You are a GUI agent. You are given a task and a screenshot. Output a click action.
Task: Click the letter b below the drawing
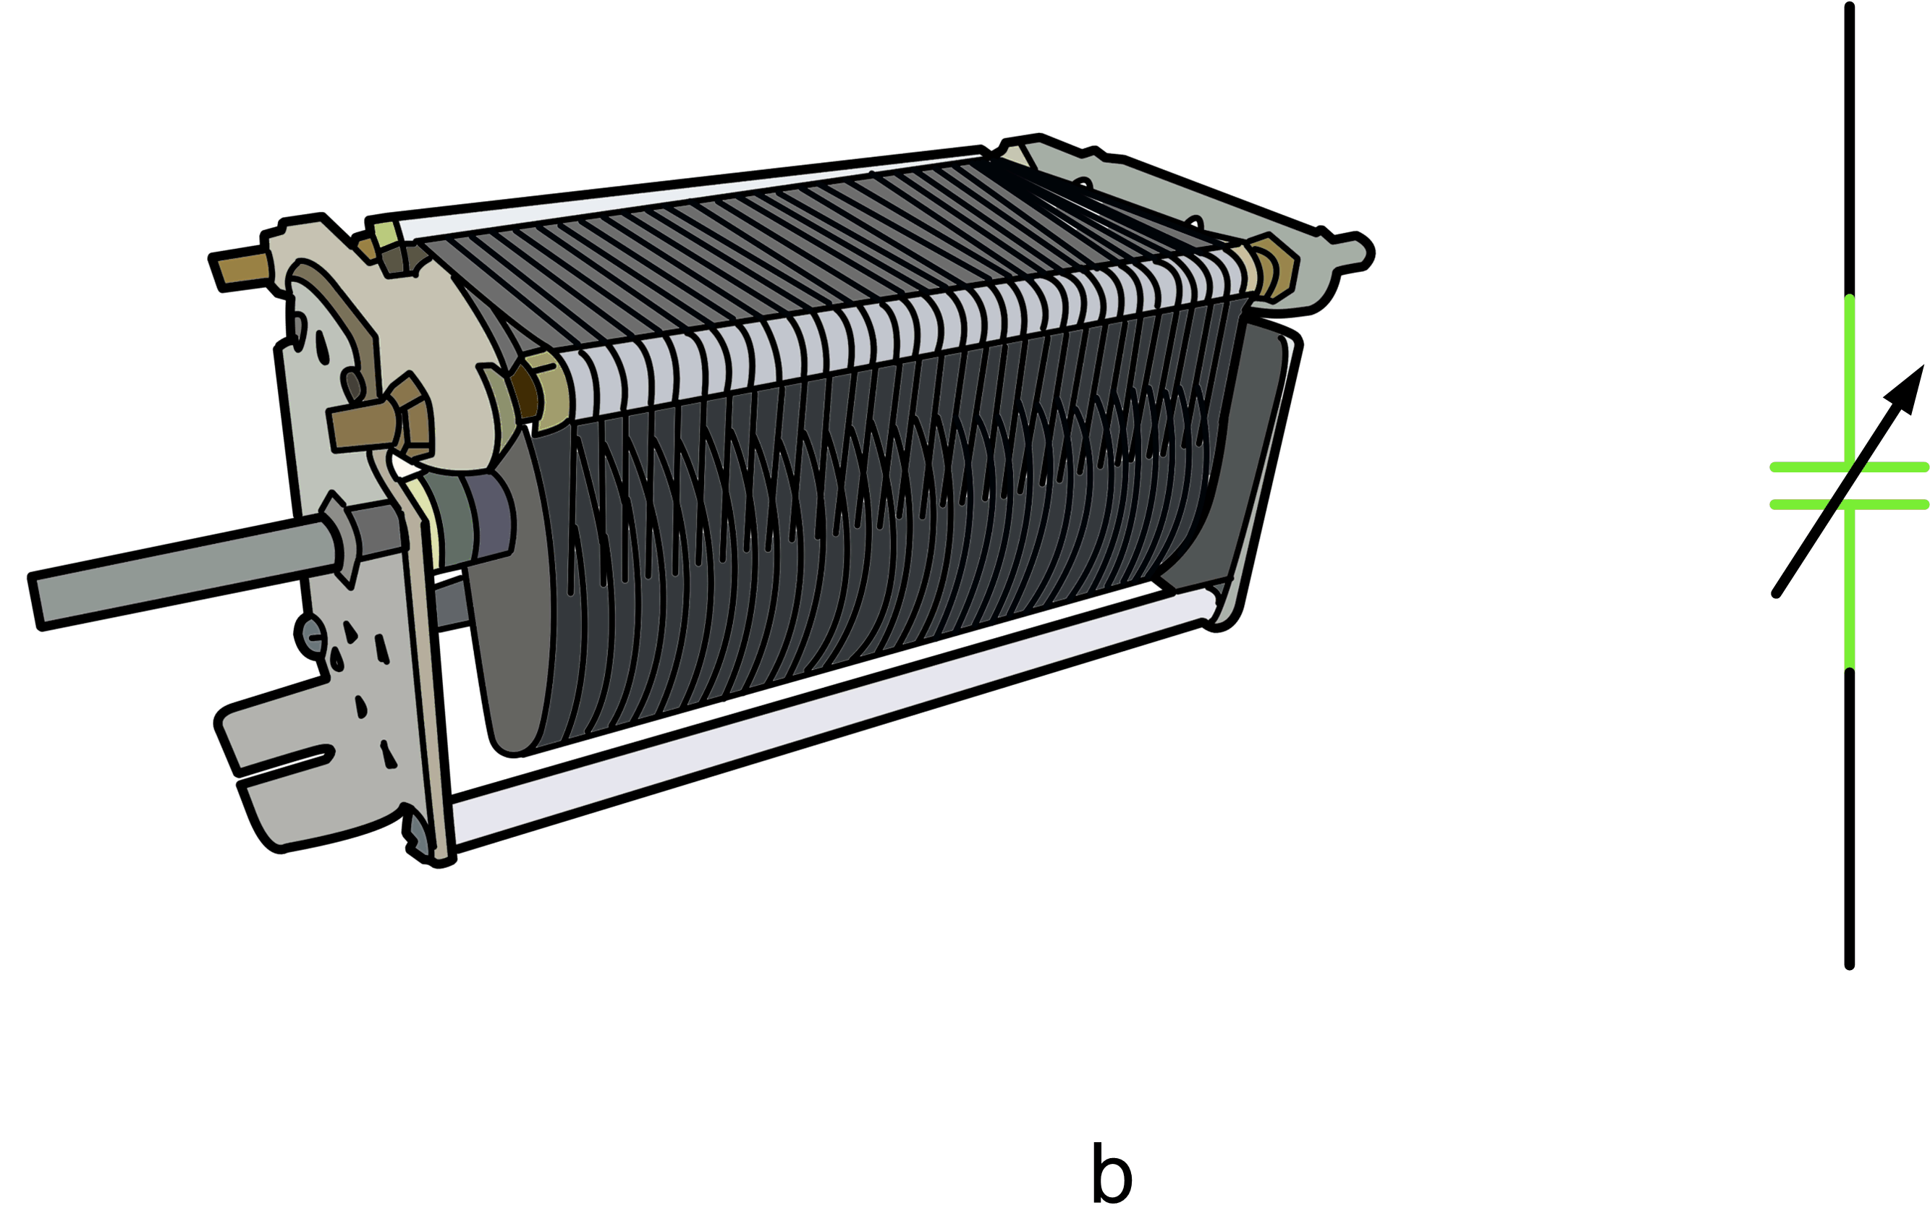click(1112, 1174)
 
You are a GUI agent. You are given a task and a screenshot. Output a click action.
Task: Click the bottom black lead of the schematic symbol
click(1849, 817)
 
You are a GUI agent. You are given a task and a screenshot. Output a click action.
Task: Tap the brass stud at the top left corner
click(239, 271)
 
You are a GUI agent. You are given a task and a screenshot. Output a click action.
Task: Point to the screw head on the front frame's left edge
click(311, 635)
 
